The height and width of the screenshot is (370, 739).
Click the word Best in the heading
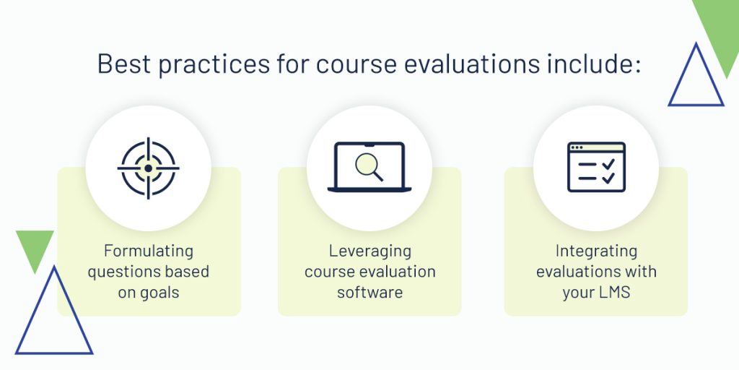tap(124, 64)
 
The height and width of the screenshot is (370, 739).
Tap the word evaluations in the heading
tap(471, 64)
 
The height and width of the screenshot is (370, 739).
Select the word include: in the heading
tap(594, 64)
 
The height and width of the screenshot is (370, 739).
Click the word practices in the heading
tap(214, 64)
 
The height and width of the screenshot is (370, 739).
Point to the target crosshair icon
tap(149, 168)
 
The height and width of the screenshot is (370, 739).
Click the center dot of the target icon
tap(149, 168)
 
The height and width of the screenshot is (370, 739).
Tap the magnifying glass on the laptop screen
tap(369, 168)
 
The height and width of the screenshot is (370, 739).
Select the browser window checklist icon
tap(596, 167)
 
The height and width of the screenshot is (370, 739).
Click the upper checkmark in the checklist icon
tap(608, 164)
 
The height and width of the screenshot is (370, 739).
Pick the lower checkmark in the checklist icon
tap(608, 178)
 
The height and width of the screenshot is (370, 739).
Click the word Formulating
tap(149, 251)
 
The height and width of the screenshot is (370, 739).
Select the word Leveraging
tap(369, 251)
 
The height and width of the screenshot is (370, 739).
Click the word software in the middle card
tap(369, 292)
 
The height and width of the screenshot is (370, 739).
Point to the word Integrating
tap(596, 251)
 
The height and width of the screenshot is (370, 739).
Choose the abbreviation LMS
tap(615, 293)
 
